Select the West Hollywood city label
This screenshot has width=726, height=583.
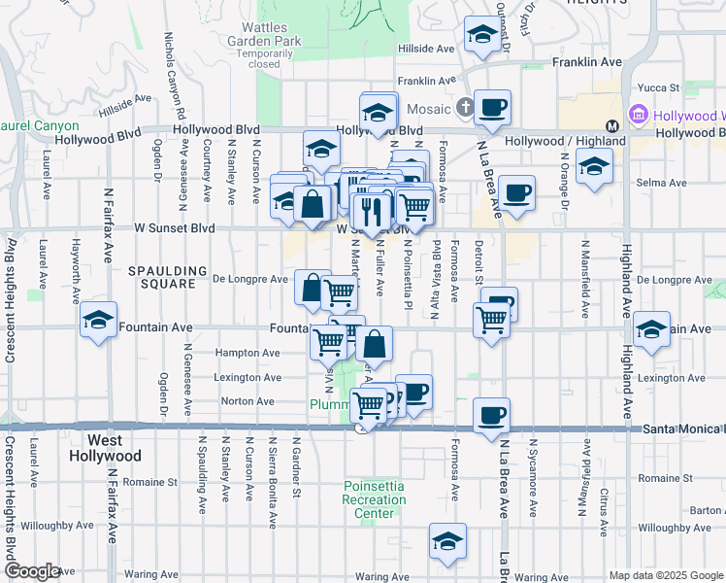point(105,448)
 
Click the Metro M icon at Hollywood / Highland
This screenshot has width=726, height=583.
point(612,125)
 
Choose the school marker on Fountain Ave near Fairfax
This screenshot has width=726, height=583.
point(99,320)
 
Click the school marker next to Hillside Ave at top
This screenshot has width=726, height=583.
point(480,35)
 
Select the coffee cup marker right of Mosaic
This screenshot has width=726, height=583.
point(492,106)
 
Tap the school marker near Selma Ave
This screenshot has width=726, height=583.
point(593,167)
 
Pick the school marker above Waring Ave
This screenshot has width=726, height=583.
point(447,541)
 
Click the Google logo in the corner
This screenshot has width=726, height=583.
point(32,571)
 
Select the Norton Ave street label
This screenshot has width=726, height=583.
point(247,400)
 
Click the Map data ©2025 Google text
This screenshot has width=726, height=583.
point(666,575)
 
